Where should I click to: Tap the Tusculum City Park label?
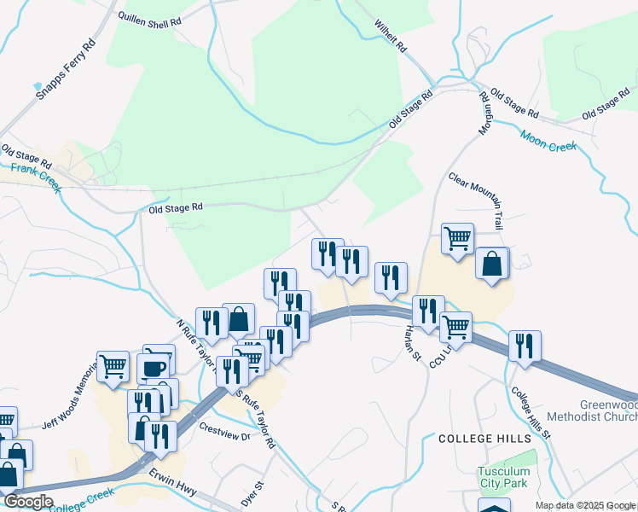coord(504,477)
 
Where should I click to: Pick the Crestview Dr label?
coord(224,430)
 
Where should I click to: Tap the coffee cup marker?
coord(153,369)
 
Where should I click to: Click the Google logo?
coord(27,502)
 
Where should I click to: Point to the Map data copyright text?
coord(586,505)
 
